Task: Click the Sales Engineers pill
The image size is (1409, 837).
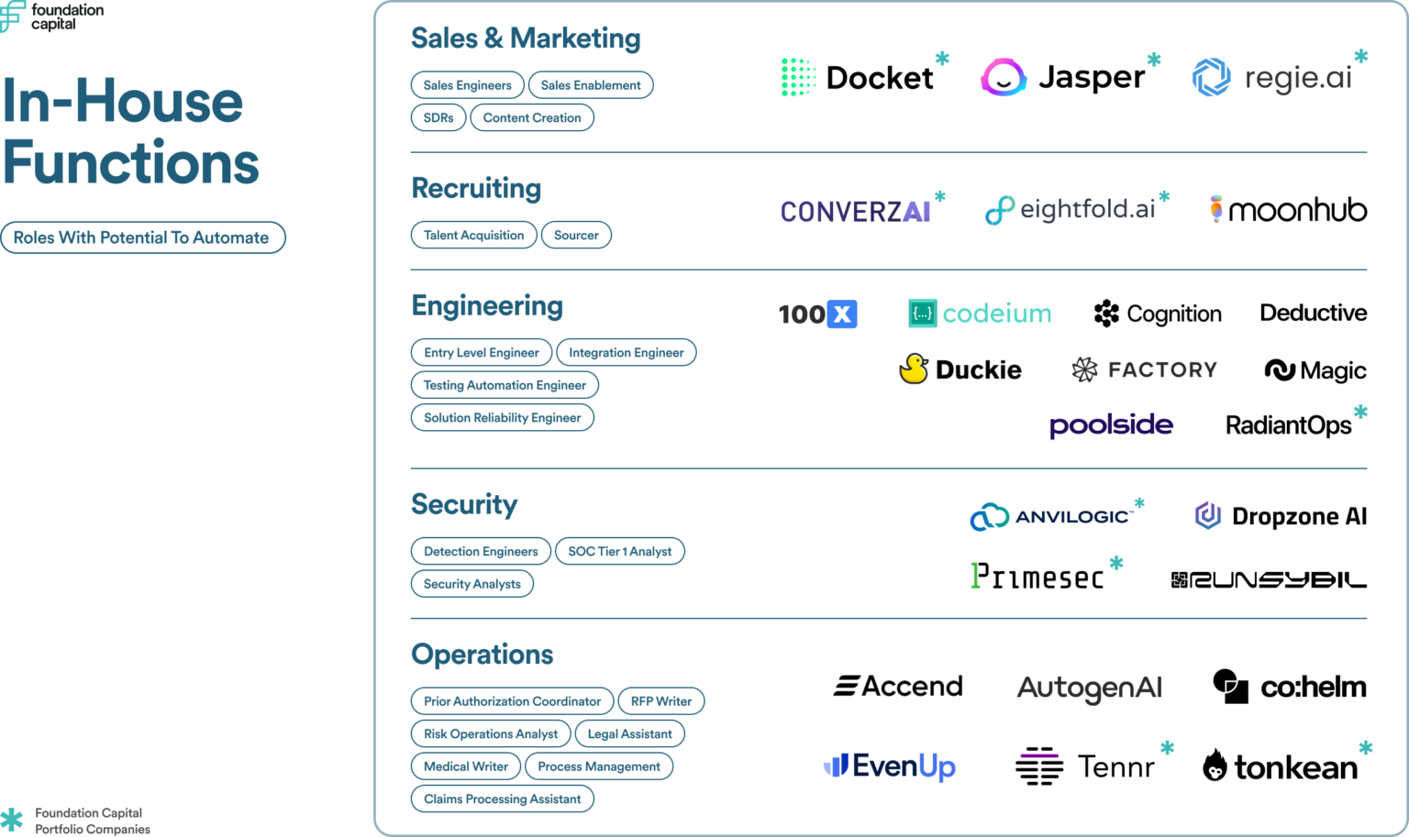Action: pyautogui.click(x=467, y=85)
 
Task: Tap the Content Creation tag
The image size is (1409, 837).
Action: pyautogui.click(x=532, y=118)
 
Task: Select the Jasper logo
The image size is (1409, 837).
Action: pyautogui.click(x=1064, y=78)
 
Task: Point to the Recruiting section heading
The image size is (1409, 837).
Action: pyautogui.click(x=476, y=188)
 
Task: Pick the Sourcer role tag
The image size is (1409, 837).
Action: pyautogui.click(x=576, y=236)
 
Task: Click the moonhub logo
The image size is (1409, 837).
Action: pyautogui.click(x=1289, y=210)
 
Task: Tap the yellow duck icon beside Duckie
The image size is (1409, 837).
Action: pyautogui.click(x=913, y=369)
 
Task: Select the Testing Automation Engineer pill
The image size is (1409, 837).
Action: pyautogui.click(x=505, y=386)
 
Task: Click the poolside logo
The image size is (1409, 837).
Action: pyautogui.click(x=1111, y=425)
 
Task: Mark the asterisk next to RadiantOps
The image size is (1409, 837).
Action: pyautogui.click(x=1360, y=413)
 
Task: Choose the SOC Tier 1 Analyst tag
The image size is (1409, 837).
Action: pyautogui.click(x=620, y=552)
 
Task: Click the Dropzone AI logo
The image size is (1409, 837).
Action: pyautogui.click(x=1281, y=516)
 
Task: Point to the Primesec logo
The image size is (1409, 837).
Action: pyautogui.click(x=1037, y=577)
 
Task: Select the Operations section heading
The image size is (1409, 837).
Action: pyautogui.click(x=483, y=655)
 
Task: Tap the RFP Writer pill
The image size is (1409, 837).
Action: pyautogui.click(x=661, y=702)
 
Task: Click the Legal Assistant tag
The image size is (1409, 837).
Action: pyautogui.click(x=629, y=734)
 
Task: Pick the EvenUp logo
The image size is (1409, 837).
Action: pyautogui.click(x=890, y=766)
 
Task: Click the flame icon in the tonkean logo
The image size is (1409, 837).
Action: pyautogui.click(x=1215, y=765)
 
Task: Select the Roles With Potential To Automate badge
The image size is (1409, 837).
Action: pyautogui.click(x=142, y=238)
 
